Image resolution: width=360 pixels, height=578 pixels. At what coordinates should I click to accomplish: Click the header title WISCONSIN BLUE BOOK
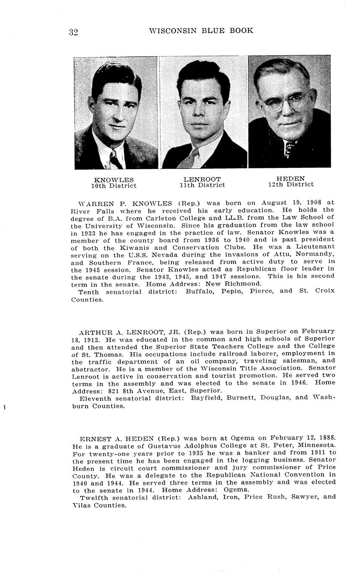[x=201, y=31]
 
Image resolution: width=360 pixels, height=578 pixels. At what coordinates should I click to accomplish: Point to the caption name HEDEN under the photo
[x=290, y=178]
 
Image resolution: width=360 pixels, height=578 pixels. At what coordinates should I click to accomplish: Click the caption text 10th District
[x=114, y=186]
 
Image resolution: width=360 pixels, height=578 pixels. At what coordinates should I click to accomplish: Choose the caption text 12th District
[x=290, y=184]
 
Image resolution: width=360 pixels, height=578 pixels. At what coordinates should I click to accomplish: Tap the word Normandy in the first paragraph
[x=317, y=254]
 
